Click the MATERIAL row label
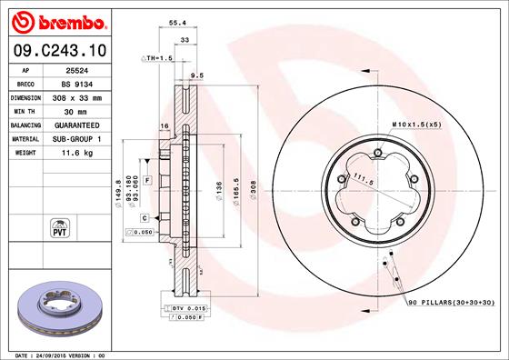[x=24, y=138]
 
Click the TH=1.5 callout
[x=156, y=58]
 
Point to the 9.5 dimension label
[x=195, y=76]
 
